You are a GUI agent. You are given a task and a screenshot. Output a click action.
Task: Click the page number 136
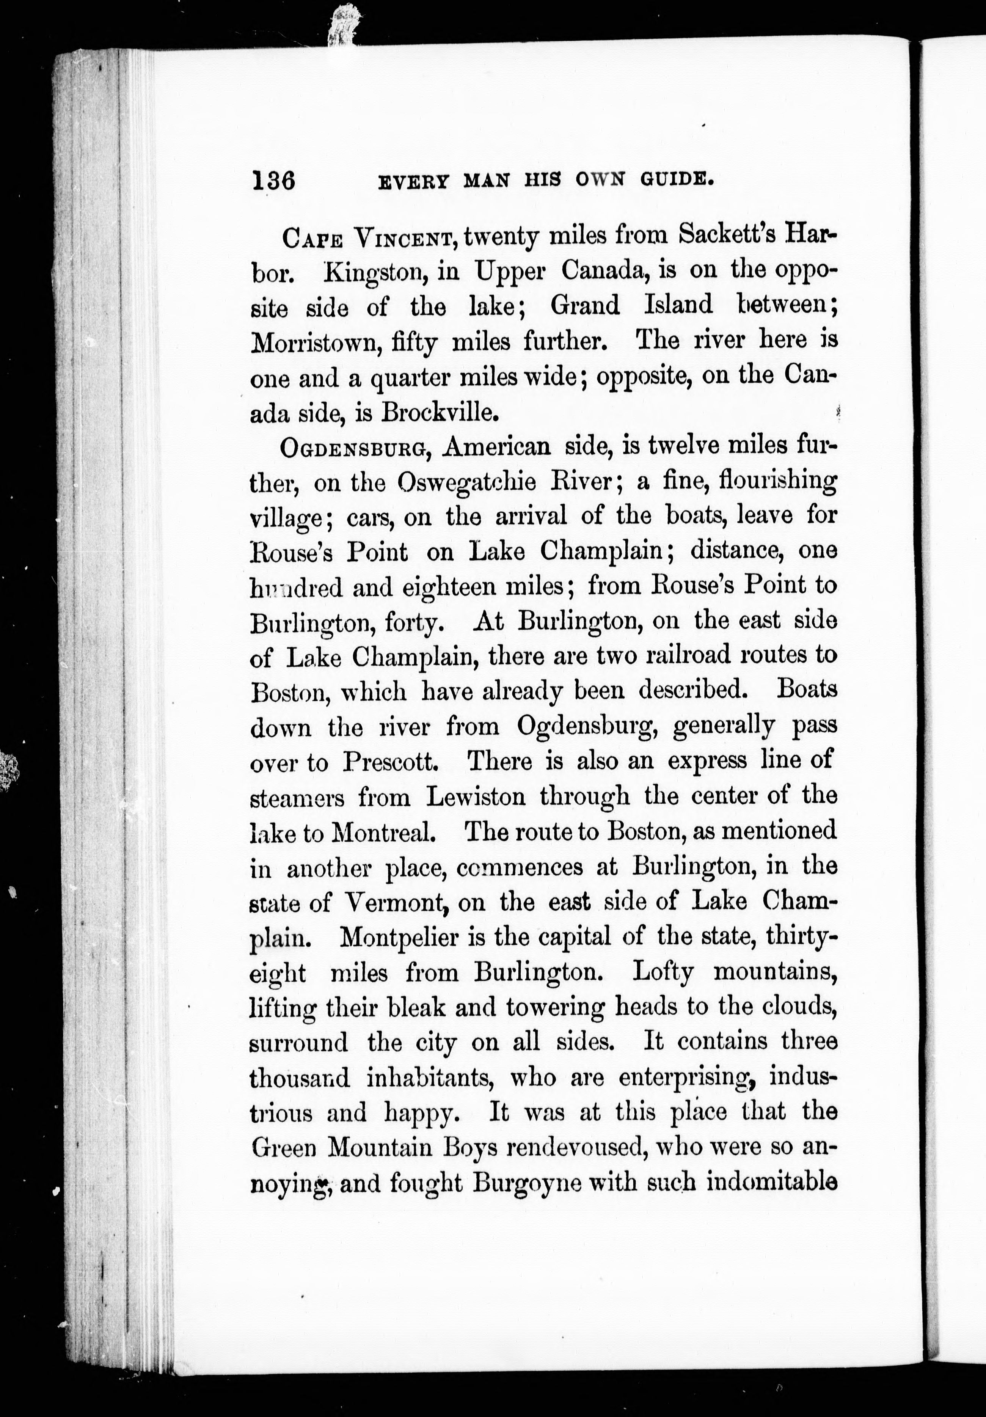tap(273, 181)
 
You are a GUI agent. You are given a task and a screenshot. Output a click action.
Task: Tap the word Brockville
tap(439, 412)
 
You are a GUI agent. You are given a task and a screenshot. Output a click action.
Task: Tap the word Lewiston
tap(476, 797)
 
